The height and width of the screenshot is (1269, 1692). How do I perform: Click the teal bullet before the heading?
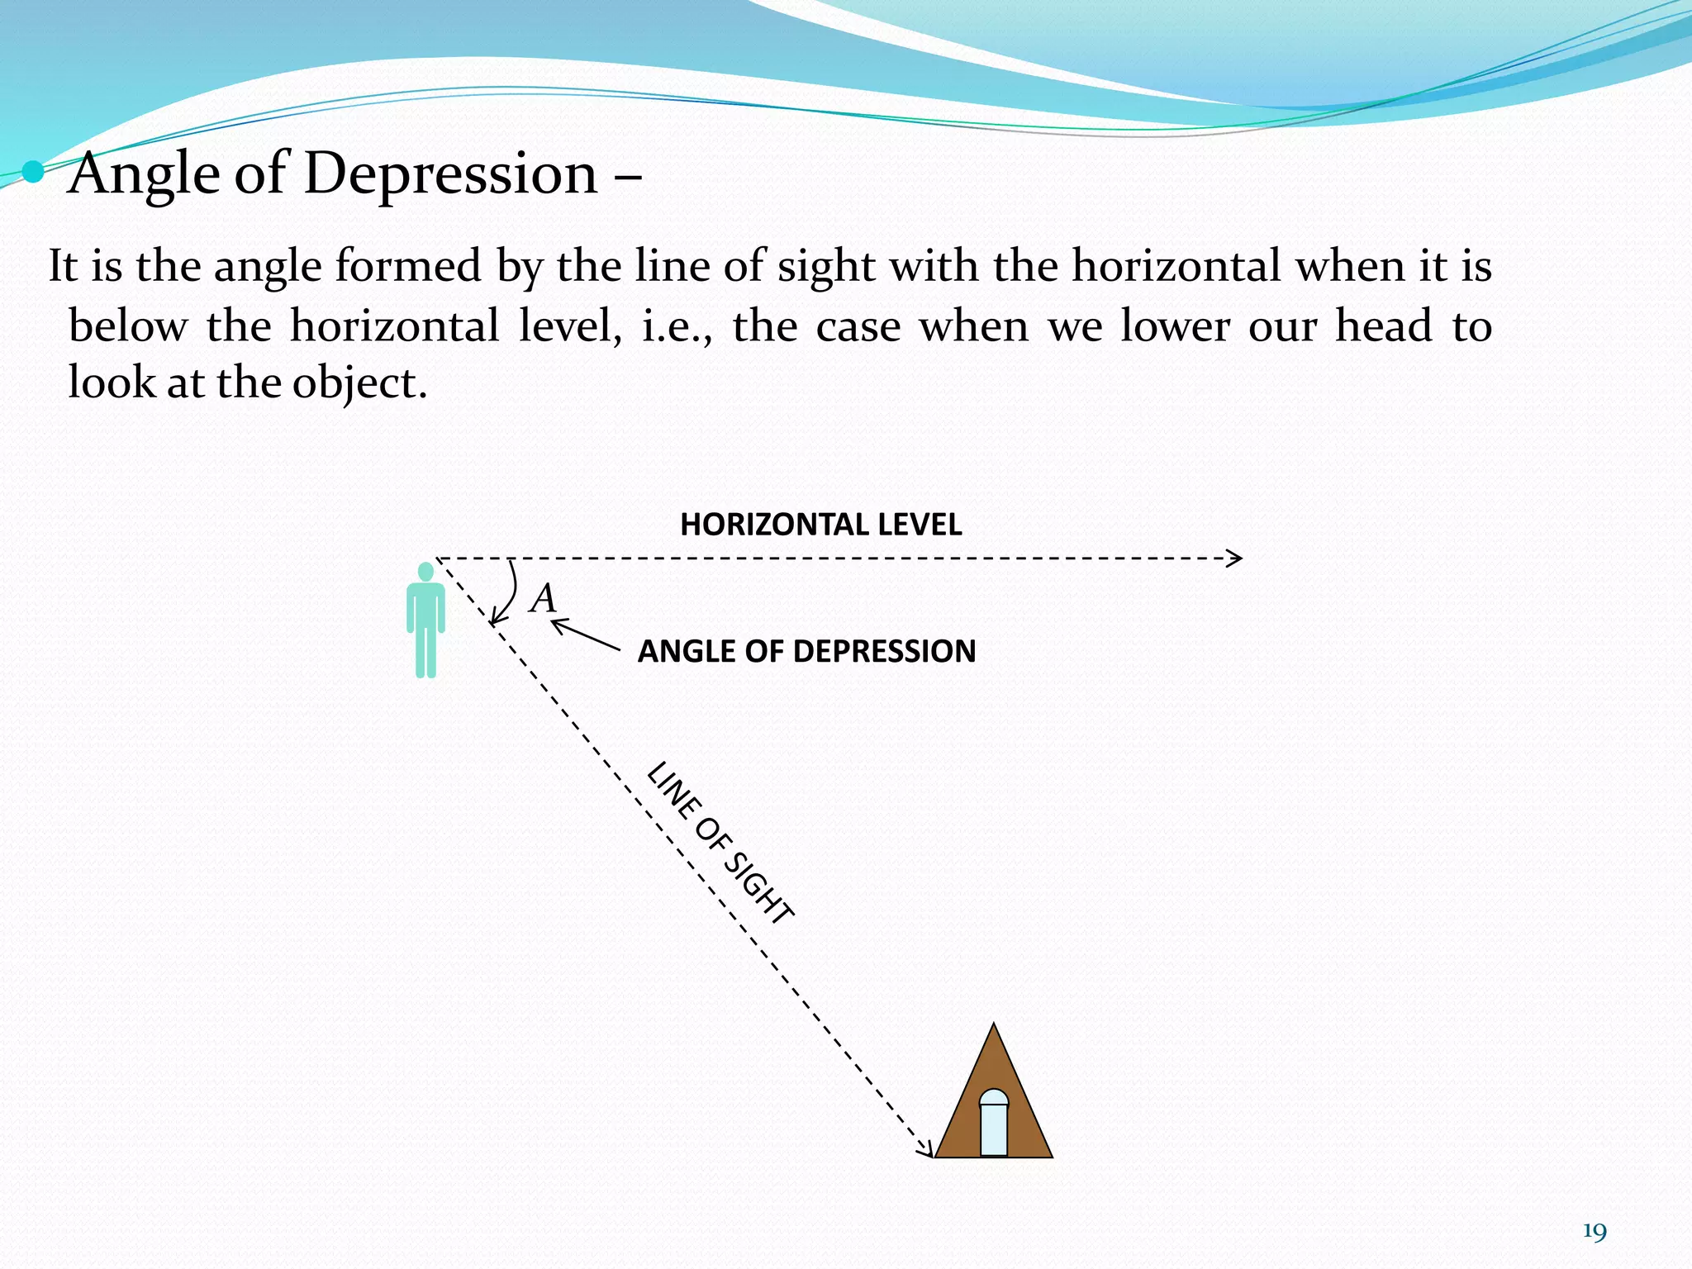(x=32, y=172)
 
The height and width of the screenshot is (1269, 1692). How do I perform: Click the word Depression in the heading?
(x=450, y=174)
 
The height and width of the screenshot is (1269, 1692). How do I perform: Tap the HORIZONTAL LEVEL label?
(x=820, y=525)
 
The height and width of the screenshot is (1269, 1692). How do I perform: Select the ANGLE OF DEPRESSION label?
(x=806, y=651)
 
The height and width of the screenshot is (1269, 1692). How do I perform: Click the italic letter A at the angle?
(x=544, y=598)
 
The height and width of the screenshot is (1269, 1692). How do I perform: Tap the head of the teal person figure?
(x=425, y=571)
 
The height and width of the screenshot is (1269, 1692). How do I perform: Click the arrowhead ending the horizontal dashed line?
(x=1235, y=558)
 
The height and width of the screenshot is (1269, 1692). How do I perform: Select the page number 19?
(x=1595, y=1233)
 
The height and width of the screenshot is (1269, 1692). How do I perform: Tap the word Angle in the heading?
(x=145, y=174)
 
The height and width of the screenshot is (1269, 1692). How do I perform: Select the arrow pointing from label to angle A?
(x=585, y=635)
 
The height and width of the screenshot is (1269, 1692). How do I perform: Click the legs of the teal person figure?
(x=425, y=653)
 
